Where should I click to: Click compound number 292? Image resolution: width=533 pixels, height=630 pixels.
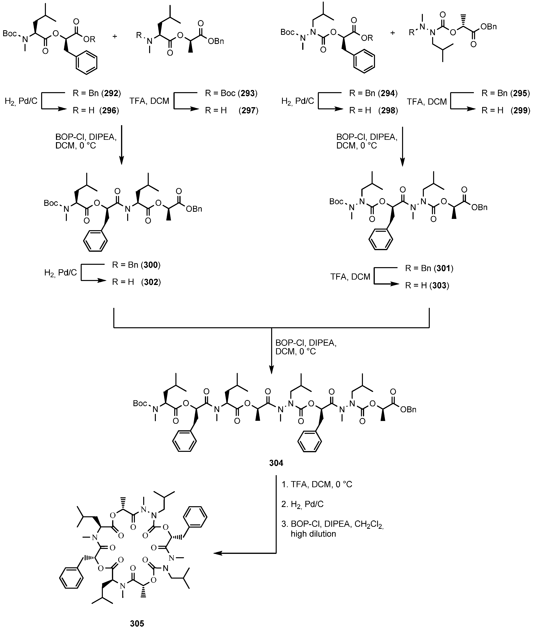coord(111,93)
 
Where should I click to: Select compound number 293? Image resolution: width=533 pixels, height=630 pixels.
coord(248,93)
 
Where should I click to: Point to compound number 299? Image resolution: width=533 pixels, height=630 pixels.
coord(520,111)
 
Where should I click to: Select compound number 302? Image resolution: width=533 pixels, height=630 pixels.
coord(151,282)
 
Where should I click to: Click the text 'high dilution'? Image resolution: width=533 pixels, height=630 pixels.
coord(313,534)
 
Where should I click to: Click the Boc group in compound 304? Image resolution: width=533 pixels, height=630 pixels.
coord(140,403)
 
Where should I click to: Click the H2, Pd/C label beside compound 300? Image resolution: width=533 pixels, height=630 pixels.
coord(61,273)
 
